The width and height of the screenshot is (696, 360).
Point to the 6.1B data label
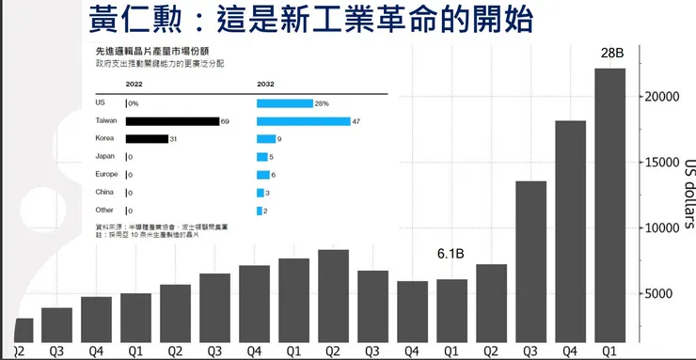click(453, 254)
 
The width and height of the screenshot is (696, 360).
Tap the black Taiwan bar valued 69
click(171, 121)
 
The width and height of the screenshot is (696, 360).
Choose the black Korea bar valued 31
click(146, 139)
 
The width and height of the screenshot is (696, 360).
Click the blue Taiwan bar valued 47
click(290, 121)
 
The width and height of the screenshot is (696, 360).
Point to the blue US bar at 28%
click(284, 103)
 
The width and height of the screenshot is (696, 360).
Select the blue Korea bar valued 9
click(261, 139)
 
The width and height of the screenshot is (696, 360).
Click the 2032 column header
click(266, 84)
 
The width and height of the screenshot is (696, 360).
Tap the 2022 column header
click(134, 84)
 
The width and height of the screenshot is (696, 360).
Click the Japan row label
click(106, 157)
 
